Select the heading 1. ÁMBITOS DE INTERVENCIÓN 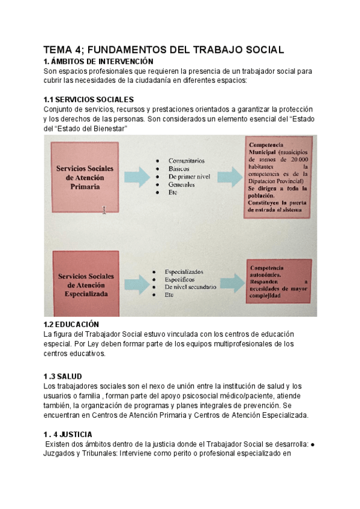(x=98, y=61)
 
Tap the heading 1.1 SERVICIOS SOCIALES (x=89, y=99)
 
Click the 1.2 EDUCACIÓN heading (x=71, y=324)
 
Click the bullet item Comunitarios (x=186, y=161)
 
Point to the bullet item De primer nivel (x=189, y=177)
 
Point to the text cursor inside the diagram (x=104, y=210)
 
